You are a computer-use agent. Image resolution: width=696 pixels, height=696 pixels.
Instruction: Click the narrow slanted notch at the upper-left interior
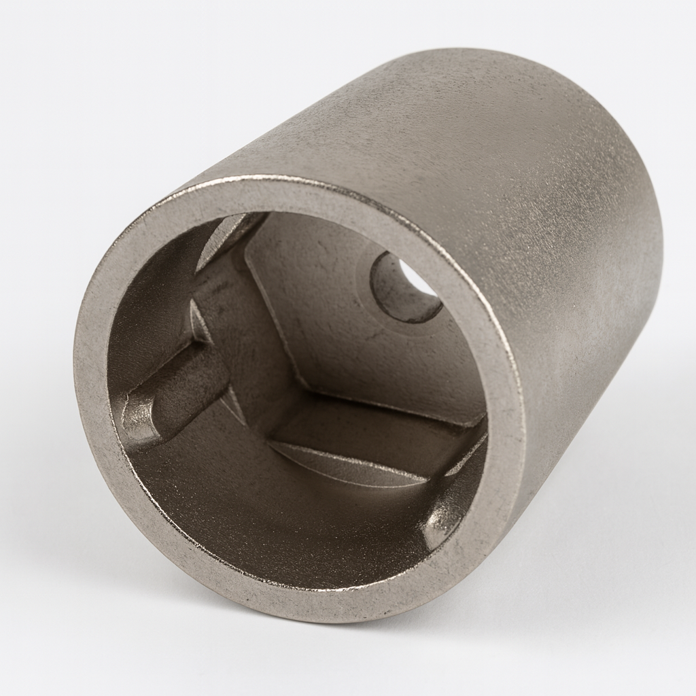(x=228, y=234)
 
